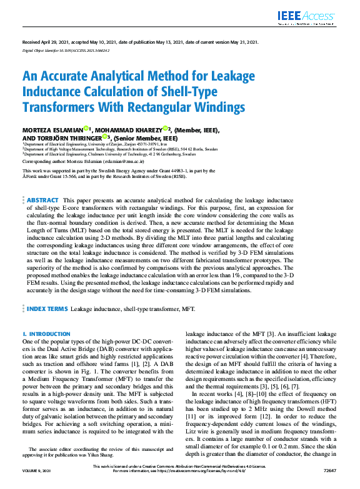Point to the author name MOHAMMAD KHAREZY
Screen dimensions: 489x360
tap(130, 130)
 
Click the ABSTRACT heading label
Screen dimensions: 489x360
tap(43, 199)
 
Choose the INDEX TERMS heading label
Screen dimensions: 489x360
tap(46, 309)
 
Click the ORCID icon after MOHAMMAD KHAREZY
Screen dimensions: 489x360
tap(166, 129)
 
